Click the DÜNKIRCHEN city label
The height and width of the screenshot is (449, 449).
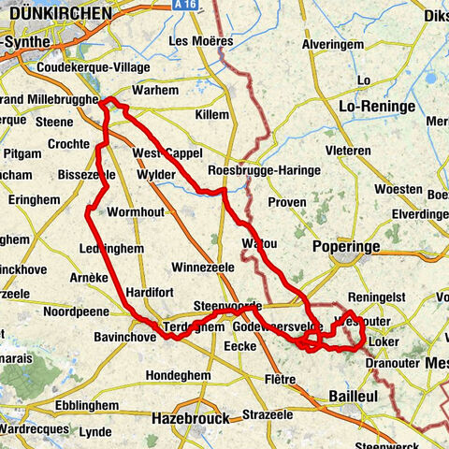(57, 14)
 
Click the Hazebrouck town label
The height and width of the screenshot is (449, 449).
(190, 417)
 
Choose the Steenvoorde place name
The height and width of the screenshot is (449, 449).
(227, 306)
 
